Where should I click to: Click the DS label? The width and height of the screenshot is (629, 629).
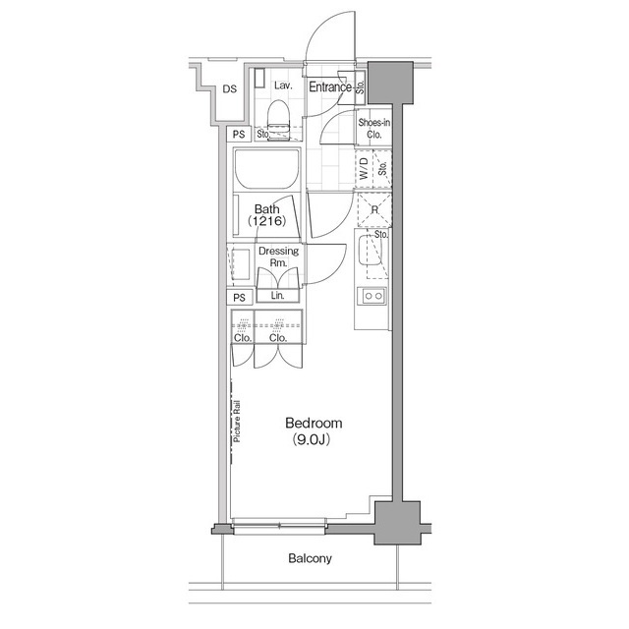228,89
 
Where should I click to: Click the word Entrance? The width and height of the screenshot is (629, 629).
330,87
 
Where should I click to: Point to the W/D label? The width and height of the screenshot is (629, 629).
363,168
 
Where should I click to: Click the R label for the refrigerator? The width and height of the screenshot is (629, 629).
374,209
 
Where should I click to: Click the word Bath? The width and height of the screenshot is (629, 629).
267,209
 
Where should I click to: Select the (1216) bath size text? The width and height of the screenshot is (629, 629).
267,222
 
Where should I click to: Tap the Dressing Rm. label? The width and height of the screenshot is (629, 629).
278,257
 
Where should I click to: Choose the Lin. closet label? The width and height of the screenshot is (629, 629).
278,296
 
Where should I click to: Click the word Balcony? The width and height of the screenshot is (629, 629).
310,559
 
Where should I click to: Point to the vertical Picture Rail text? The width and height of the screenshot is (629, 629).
238,420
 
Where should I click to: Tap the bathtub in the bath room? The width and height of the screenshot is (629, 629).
267,174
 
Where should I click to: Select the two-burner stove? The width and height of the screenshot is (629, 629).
374,296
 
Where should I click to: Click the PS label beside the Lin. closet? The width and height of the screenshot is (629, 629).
239,298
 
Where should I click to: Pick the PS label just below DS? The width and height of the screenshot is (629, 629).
239,136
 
